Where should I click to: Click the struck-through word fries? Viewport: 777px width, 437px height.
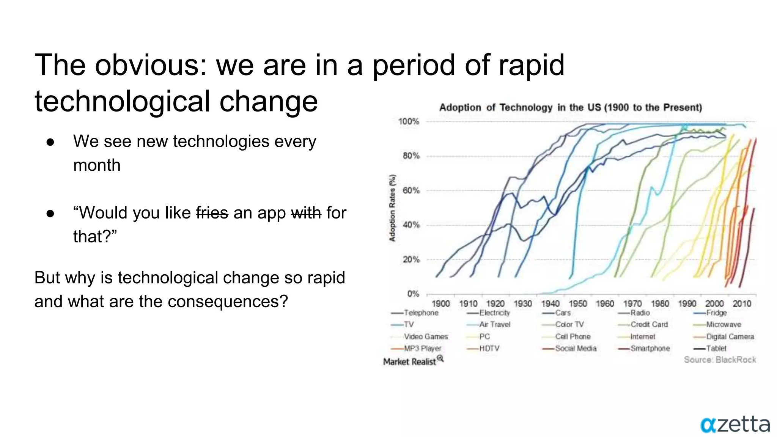212,213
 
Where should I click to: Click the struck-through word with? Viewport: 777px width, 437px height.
306,213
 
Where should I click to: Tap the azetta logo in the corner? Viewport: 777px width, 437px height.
735,424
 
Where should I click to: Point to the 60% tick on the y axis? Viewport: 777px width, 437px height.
411,190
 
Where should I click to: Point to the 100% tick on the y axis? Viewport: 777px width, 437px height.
409,121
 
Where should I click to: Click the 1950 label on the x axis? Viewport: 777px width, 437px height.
577,303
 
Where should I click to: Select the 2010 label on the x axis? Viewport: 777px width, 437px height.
742,303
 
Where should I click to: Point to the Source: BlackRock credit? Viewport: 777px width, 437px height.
720,360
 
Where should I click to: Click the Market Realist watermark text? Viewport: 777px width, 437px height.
410,362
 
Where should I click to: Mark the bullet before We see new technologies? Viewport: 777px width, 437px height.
50,142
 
